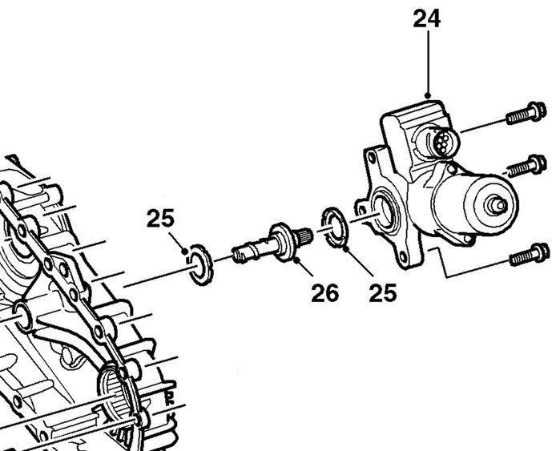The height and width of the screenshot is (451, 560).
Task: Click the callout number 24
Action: pyautogui.click(x=426, y=19)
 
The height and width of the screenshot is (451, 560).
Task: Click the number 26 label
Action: pyautogui.click(x=324, y=293)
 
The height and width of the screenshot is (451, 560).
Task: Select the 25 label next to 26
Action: pyautogui.click(x=382, y=293)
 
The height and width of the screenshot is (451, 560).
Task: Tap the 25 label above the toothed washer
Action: pyautogui.click(x=160, y=218)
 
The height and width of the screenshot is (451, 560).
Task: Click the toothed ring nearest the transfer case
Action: pyautogui.click(x=201, y=264)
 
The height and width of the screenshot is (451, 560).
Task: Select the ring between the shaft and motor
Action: pyautogui.click(x=336, y=227)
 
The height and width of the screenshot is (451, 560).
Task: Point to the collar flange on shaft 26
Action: pyautogui.click(x=283, y=241)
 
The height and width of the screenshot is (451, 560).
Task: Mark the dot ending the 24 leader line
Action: pyautogui.click(x=428, y=95)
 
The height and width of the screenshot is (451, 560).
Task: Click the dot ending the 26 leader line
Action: pyautogui.click(x=296, y=261)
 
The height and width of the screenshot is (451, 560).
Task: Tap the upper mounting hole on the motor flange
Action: pyautogui.click(x=372, y=157)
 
